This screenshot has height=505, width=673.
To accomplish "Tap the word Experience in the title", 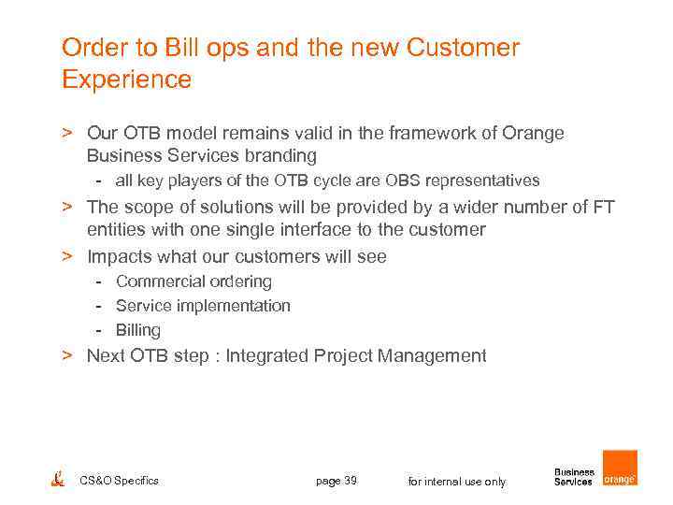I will pos(126,79).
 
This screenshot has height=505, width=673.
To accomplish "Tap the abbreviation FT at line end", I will pos(603,207).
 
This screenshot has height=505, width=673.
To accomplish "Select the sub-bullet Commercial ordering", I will pos(193,281).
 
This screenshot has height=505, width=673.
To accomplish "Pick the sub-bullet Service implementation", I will pos(203,306).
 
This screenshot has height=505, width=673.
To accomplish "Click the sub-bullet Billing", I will pos(138,330).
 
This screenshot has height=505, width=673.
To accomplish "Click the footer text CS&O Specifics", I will pos(120,481).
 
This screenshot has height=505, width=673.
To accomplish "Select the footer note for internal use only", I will pos(457,482).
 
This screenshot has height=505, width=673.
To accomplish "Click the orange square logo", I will pos(620,468).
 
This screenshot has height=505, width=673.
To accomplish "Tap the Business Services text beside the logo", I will pos(574,477).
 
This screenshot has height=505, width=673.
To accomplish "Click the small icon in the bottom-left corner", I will pos(58,479).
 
